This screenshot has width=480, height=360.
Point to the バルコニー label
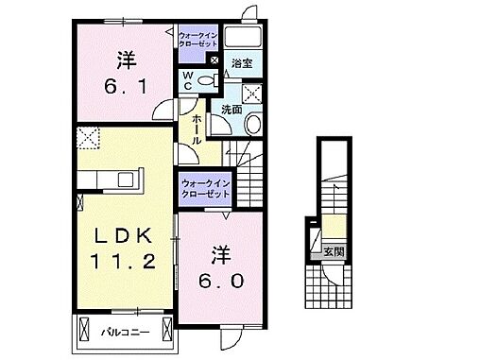123,333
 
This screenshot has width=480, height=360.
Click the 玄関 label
332,252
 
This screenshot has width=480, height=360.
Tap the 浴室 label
243,63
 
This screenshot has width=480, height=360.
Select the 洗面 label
231,110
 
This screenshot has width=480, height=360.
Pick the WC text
188,80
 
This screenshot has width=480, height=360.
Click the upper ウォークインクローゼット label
197,41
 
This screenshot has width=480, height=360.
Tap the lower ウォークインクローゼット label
204,187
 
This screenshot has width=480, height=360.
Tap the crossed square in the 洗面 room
253,93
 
